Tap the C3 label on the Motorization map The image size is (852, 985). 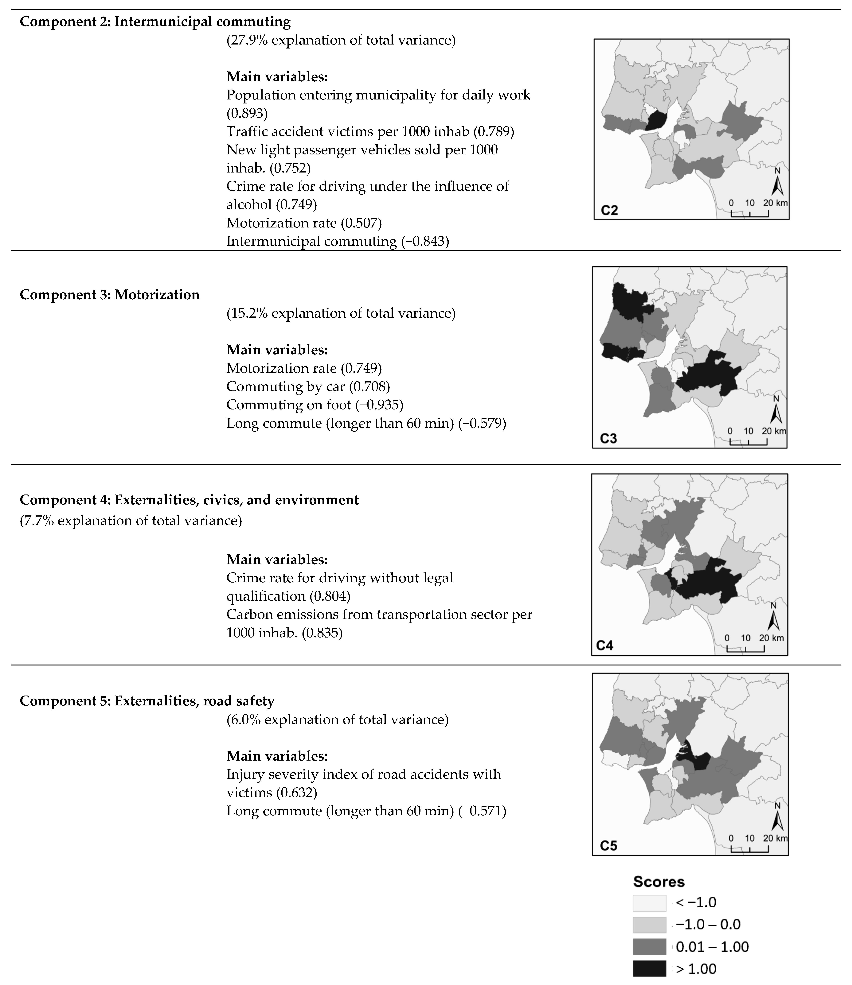608,438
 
